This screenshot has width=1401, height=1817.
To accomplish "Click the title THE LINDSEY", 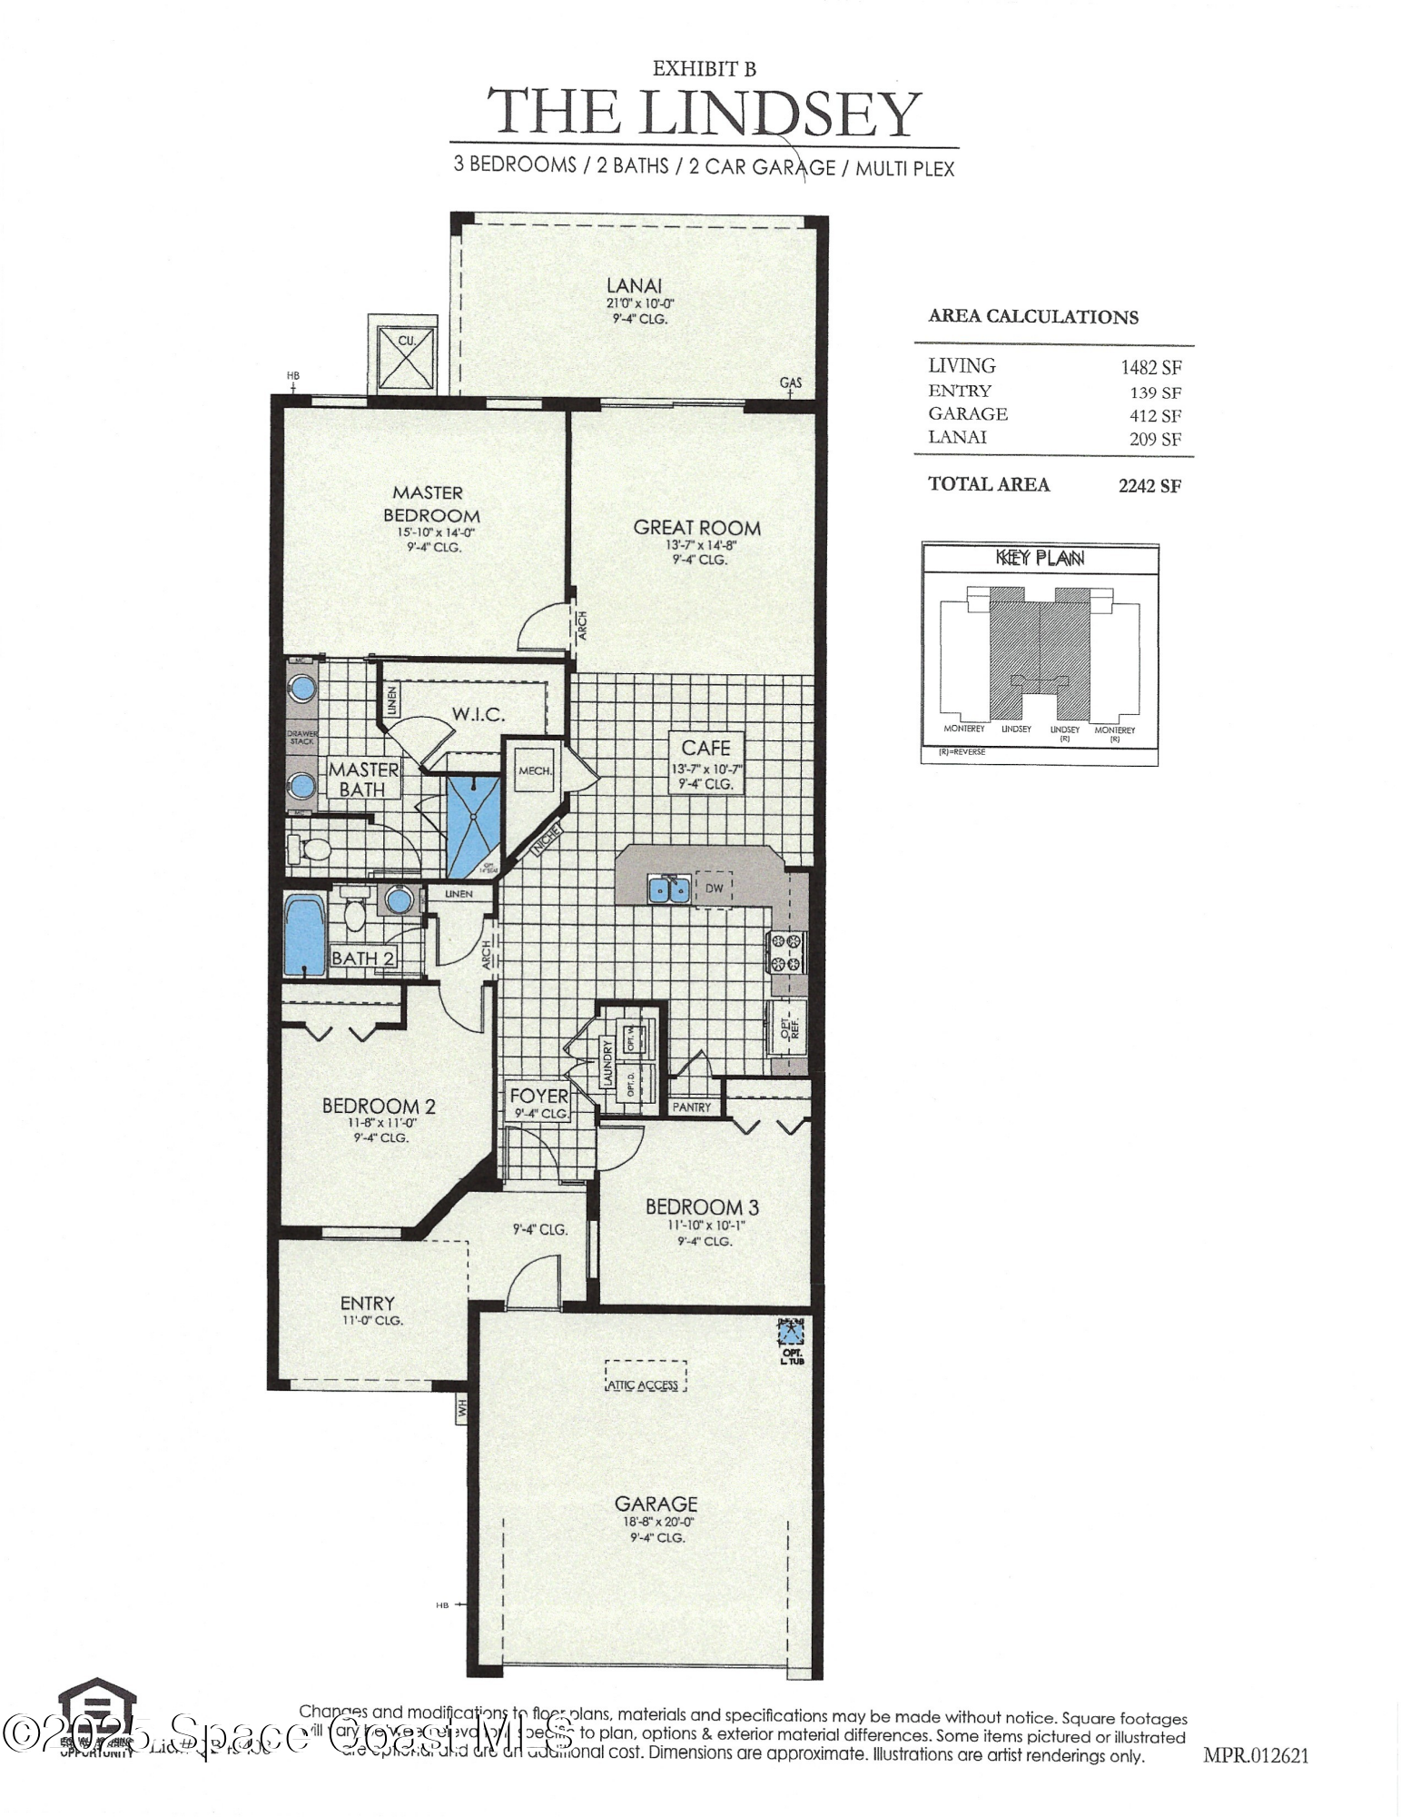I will pos(705,113).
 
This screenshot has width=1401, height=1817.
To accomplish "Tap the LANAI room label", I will pos(634,285).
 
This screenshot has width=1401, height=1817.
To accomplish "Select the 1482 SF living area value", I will pos(1150,367).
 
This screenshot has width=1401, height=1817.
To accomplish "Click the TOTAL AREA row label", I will pos(989,484).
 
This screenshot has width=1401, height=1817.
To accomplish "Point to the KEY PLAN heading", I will pos(1041,558).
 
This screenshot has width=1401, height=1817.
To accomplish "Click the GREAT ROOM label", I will pos(697,528).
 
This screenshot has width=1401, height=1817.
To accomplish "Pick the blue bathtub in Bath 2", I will pos(304,936).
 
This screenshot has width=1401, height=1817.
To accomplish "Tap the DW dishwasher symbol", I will pos(715,889).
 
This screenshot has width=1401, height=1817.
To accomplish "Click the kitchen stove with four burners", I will pos(786,952).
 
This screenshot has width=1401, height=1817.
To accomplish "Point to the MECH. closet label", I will pos(535,770).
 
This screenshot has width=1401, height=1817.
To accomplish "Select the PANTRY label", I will pos(692,1107).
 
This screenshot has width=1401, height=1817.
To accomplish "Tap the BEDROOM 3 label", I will pos(702,1207).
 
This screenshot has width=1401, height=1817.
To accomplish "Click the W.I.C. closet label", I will pos(479,714).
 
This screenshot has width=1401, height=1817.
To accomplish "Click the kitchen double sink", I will pos(670,889).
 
